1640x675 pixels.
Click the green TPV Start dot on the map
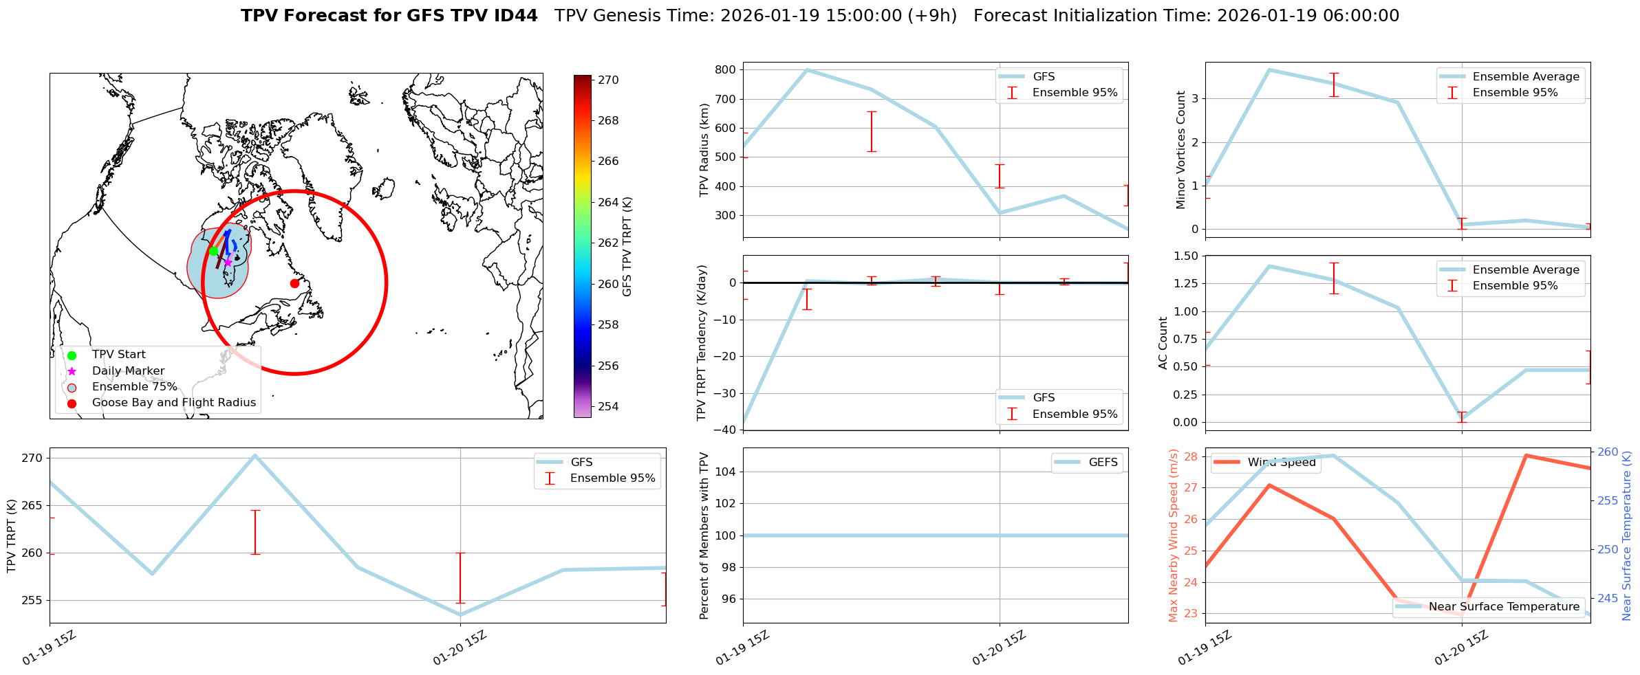coord(213,251)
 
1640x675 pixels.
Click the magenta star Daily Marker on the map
coord(228,263)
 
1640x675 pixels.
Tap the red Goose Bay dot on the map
coord(294,283)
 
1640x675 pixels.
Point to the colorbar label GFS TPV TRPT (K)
coord(627,247)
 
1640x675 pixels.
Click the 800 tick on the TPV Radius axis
coord(726,69)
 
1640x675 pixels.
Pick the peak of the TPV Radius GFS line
coord(807,69)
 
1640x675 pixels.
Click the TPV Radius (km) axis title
coord(704,150)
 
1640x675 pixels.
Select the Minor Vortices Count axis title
coord(1180,150)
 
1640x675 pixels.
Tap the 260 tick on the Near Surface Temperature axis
coord(1608,452)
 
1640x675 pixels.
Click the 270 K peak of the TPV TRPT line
coord(255,455)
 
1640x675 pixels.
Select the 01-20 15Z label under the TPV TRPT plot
coord(460,648)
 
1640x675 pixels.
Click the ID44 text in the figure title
coord(514,16)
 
